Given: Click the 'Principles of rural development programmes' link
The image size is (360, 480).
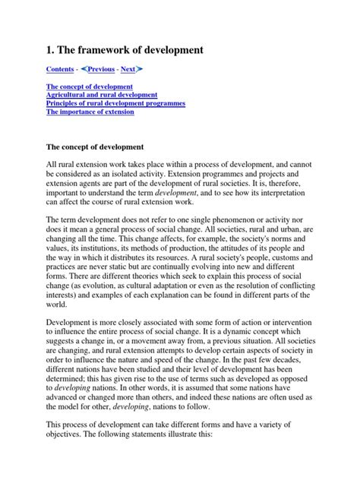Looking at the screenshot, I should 115,103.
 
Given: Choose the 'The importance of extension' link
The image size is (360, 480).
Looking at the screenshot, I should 90,112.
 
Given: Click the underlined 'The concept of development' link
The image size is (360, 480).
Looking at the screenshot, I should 90,87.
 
